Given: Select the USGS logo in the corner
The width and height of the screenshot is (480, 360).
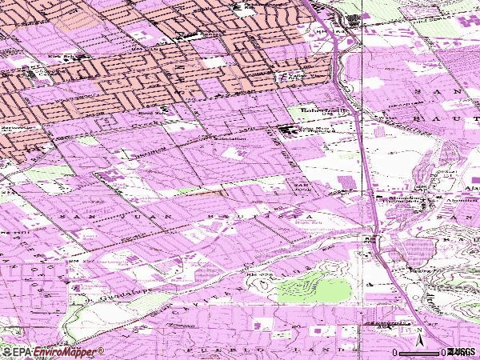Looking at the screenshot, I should (462, 352).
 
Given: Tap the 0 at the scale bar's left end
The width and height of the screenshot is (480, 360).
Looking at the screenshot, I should (395, 352).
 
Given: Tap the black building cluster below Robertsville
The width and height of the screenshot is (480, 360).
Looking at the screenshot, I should (286, 130).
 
